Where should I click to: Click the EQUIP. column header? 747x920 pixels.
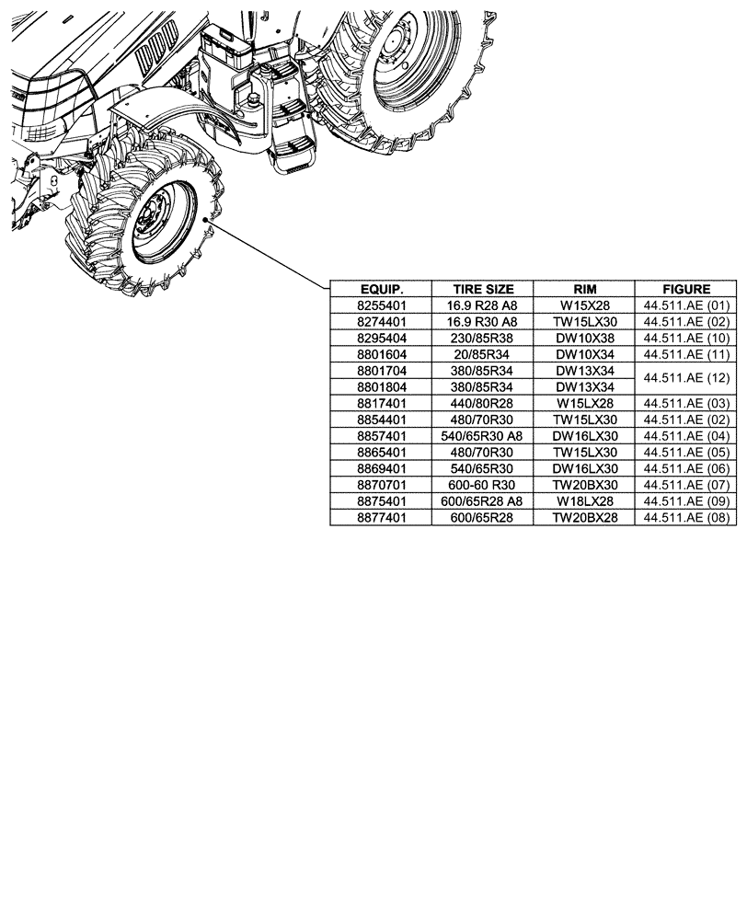point(381,288)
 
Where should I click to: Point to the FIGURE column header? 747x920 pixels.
point(686,288)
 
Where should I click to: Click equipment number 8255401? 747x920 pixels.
point(381,305)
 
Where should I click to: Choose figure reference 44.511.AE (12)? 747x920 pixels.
point(686,378)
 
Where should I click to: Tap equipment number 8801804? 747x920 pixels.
point(381,386)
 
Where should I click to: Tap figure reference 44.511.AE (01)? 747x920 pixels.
point(686,305)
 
